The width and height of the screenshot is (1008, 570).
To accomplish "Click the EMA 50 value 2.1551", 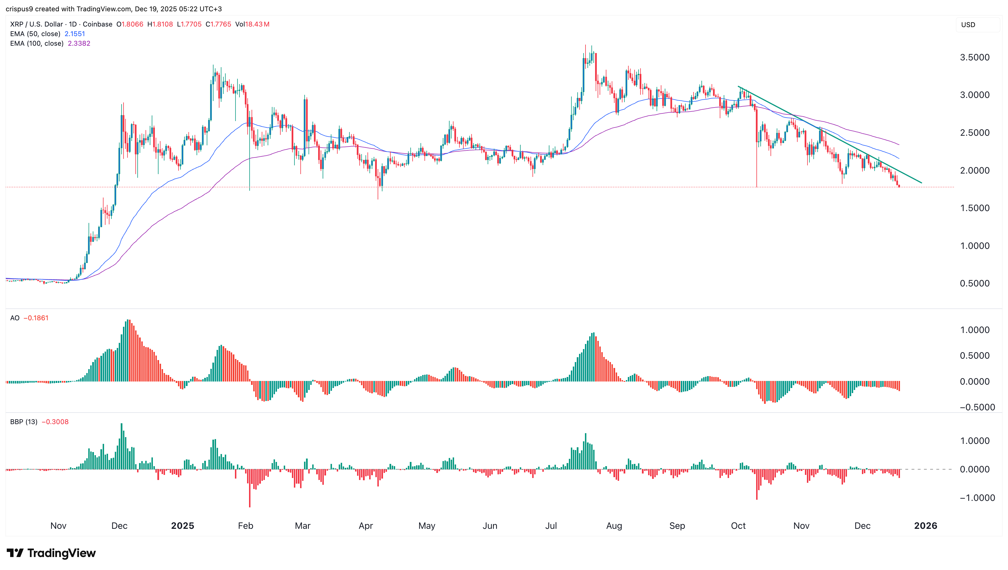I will pyautogui.click(x=74, y=34).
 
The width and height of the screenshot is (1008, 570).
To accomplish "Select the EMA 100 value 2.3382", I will pyautogui.click(x=79, y=43).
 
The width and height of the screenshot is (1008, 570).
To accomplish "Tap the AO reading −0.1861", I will pyautogui.click(x=36, y=318).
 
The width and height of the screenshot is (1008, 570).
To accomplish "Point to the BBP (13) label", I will pyautogui.click(x=23, y=422).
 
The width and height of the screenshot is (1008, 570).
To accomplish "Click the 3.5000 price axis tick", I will pyautogui.click(x=974, y=57).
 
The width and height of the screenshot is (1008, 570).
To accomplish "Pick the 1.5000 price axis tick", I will pyautogui.click(x=974, y=208).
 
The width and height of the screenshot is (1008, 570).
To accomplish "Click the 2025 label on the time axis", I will pyautogui.click(x=182, y=526).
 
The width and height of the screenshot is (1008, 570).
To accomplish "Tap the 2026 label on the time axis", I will pyautogui.click(x=925, y=526).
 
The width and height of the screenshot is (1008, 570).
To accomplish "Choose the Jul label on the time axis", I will pyautogui.click(x=551, y=526).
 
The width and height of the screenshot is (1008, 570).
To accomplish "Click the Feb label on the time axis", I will pyautogui.click(x=245, y=526).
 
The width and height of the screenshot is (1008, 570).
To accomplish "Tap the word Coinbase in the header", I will pyautogui.click(x=97, y=24).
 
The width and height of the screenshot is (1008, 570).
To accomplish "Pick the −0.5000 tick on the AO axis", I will pyautogui.click(x=974, y=407).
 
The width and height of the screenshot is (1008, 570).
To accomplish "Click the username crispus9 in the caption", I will pyautogui.click(x=19, y=9).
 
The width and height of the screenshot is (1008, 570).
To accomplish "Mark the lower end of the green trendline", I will pyautogui.click(x=921, y=183).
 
